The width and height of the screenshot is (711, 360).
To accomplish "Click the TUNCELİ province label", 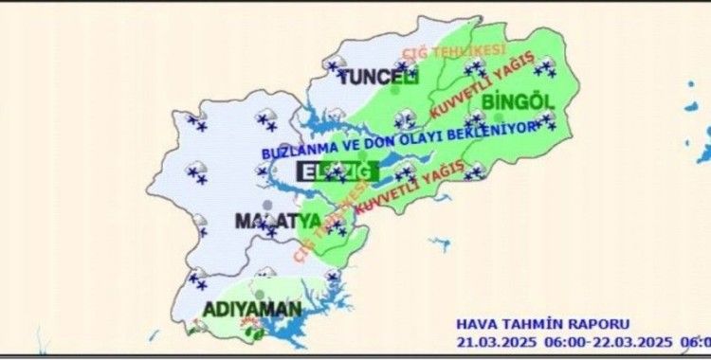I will coord(379,77).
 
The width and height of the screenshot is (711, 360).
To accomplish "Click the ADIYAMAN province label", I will coord(252,309).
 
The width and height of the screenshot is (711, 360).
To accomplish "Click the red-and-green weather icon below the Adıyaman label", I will coord(252,331).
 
